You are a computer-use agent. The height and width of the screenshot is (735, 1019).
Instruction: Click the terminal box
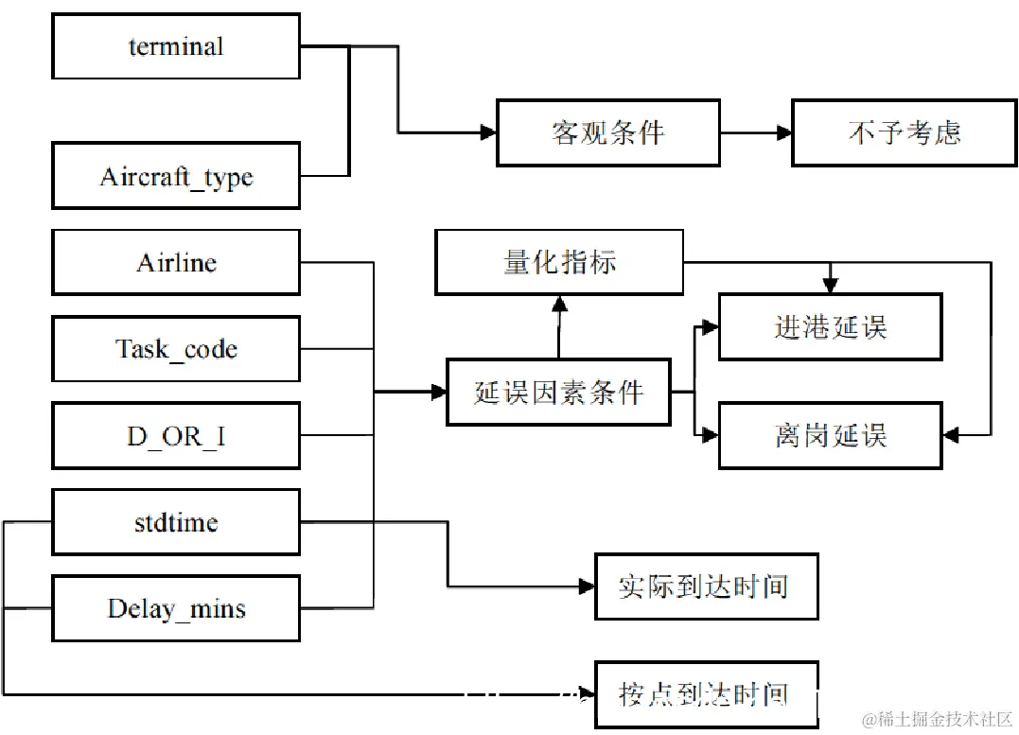(x=176, y=46)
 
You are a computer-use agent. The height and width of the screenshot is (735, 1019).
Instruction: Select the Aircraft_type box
(x=176, y=176)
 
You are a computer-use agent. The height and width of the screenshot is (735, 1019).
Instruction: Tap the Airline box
(x=176, y=262)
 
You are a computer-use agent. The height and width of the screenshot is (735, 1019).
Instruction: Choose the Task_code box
(x=176, y=349)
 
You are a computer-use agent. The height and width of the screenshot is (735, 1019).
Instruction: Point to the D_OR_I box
(x=176, y=435)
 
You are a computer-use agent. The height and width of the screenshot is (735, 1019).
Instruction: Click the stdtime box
(x=176, y=522)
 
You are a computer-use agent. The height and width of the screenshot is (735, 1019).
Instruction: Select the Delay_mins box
(x=176, y=608)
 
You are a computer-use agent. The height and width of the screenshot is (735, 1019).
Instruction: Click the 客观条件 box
(x=607, y=132)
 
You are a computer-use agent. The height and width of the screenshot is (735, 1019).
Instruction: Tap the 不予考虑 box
(x=904, y=132)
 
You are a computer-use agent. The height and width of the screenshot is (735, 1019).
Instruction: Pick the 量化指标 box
(x=559, y=262)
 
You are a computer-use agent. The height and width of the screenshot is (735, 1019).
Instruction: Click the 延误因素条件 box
(x=558, y=392)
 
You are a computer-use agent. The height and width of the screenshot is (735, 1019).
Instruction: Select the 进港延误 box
(x=830, y=327)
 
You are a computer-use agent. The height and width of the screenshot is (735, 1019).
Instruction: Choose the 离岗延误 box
(x=830, y=435)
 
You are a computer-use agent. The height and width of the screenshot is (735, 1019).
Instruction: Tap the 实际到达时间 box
(x=706, y=586)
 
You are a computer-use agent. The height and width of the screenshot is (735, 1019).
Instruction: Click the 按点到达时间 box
(x=706, y=694)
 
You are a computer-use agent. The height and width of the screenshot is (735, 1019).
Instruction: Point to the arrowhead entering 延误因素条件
(x=438, y=392)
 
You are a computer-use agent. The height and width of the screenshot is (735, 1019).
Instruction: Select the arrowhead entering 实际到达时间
(x=587, y=586)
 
